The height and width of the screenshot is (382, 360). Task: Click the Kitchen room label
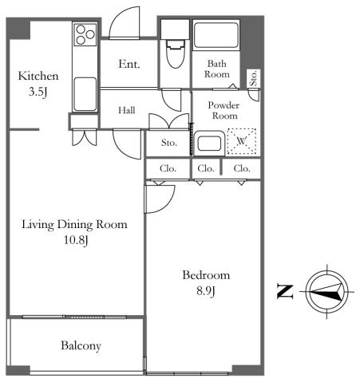pos(38,76)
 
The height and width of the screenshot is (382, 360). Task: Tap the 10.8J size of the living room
pos(76,240)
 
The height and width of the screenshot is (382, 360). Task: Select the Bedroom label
pos(206,275)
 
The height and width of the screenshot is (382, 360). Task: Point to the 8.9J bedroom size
pos(206,291)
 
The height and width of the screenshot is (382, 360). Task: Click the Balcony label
pos(81,346)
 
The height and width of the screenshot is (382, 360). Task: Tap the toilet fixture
pos(176,54)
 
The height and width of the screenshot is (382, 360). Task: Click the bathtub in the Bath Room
pos(216,35)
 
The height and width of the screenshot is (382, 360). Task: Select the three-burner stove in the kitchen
pos(85,34)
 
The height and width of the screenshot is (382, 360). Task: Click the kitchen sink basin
pos(85,94)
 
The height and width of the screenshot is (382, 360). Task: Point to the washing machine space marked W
pos(242,141)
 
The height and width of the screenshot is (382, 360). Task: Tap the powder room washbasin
pos(209,143)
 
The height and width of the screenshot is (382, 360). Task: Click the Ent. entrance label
pos(129,64)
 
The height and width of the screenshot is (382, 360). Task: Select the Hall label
pos(127,110)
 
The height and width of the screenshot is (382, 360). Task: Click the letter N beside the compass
pos(285,292)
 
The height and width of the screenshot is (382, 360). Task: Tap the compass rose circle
pos(306,292)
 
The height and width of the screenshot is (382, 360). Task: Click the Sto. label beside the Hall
pos(169,143)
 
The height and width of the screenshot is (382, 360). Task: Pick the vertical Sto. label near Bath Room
pos(254,78)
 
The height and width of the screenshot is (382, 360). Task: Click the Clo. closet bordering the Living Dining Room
pos(168,168)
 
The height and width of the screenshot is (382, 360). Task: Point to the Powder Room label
pos(224,111)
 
